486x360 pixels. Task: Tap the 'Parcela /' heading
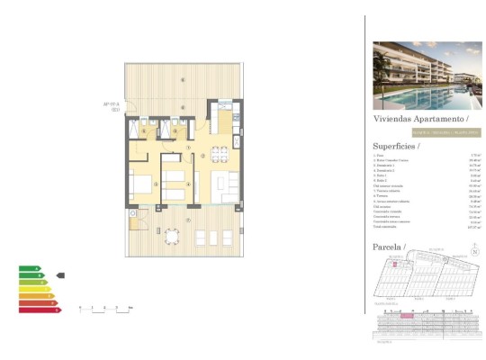pyautogui.click(x=389, y=246)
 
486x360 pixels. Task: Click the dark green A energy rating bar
pyautogui.click(x=30, y=268)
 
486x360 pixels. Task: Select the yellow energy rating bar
pyautogui.click(x=36, y=289)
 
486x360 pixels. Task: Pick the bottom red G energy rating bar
pyautogui.click(x=40, y=310)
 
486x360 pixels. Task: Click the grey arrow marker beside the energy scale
pyautogui.click(x=60, y=275)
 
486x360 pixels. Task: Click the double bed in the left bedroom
pyautogui.click(x=141, y=186)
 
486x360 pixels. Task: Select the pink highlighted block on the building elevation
pyautogui.click(x=405, y=316)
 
